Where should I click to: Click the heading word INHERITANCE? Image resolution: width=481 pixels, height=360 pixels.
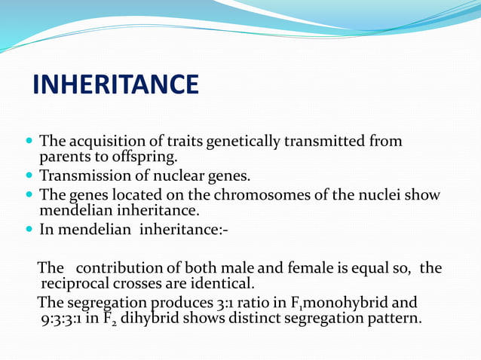pyautogui.click(x=115, y=85)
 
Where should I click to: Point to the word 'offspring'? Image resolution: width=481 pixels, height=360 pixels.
pyautogui.click(x=139, y=157)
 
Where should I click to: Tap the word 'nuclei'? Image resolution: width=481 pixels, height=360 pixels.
pyautogui.click(x=385, y=196)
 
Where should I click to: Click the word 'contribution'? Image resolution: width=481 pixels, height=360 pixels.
pyautogui.click(x=115, y=268)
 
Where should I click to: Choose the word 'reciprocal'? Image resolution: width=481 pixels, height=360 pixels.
pyautogui.click(x=74, y=284)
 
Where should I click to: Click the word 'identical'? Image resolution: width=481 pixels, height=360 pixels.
pyautogui.click(x=223, y=284)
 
